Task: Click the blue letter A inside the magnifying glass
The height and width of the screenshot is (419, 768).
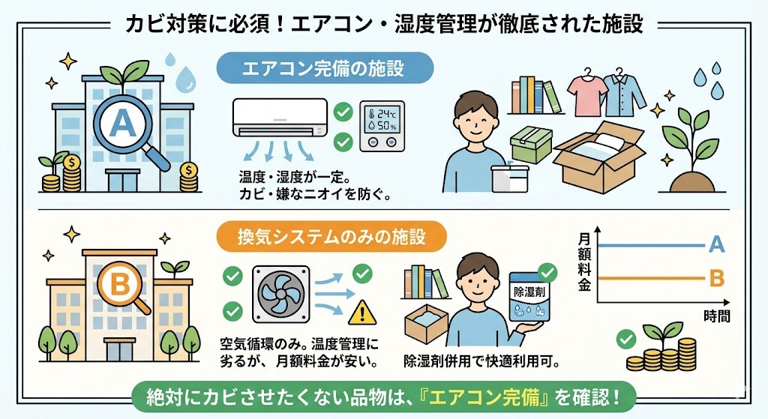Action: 121,119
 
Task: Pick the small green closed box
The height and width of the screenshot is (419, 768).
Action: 531,143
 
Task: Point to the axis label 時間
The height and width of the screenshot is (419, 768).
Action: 717,317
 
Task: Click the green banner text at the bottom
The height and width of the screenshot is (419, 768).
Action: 383,395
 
